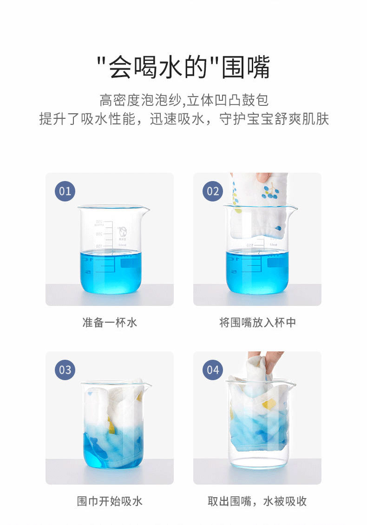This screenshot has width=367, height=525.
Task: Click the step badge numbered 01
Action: [x=65, y=191]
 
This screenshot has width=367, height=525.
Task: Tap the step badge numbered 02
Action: [x=213, y=191]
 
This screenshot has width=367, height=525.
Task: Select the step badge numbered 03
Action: [x=65, y=370]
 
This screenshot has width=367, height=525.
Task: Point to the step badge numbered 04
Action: [x=213, y=370]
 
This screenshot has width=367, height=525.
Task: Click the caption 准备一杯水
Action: [x=110, y=323]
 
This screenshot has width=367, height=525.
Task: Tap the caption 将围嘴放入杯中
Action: [x=257, y=323]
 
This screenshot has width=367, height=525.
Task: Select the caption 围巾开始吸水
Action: [x=110, y=501]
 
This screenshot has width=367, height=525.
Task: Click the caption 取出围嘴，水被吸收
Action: [x=257, y=501]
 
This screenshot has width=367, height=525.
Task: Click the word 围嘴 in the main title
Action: [x=246, y=67]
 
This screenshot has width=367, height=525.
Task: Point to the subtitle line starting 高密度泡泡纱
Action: [x=184, y=100]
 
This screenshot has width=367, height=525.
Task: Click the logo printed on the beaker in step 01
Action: [x=123, y=232]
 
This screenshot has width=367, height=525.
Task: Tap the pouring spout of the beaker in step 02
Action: [x=293, y=210]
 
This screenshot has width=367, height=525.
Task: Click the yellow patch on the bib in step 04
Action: [x=269, y=404]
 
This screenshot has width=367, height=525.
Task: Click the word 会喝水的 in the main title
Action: [x=157, y=67]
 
